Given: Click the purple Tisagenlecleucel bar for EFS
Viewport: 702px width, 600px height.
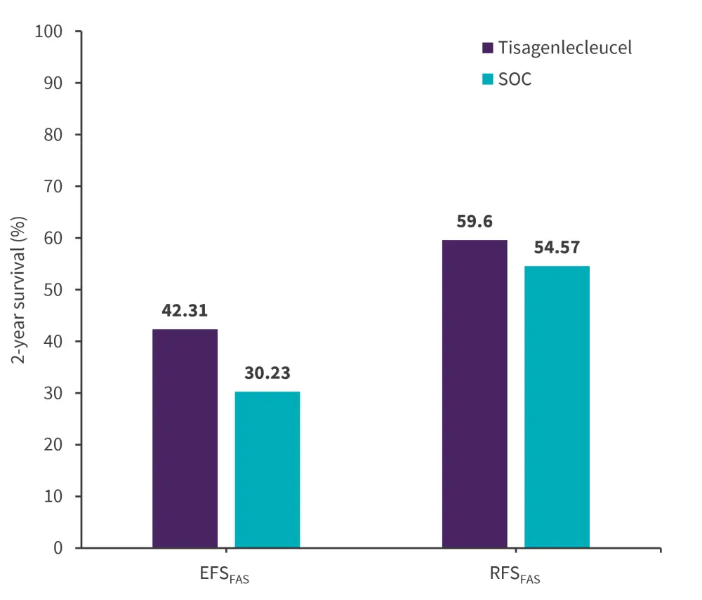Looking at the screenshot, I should (x=185, y=439).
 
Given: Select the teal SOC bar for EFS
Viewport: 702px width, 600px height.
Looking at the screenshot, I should (x=267, y=469).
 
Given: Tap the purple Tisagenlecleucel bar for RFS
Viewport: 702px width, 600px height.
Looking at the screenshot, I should (x=475, y=394).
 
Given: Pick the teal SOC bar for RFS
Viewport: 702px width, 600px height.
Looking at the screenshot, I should (x=557, y=407).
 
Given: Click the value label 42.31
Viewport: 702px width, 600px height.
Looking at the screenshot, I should (x=185, y=311).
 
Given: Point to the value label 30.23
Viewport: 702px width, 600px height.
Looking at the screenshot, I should (x=267, y=373).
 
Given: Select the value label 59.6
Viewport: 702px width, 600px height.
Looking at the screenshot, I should (x=475, y=222).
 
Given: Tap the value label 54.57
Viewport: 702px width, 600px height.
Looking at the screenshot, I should (x=557, y=248).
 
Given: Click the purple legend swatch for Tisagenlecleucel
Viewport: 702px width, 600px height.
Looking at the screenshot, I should (x=487, y=48).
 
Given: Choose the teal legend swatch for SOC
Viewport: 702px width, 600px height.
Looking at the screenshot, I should (x=487, y=79).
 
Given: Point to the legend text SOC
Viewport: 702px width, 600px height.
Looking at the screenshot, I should (x=515, y=79).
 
